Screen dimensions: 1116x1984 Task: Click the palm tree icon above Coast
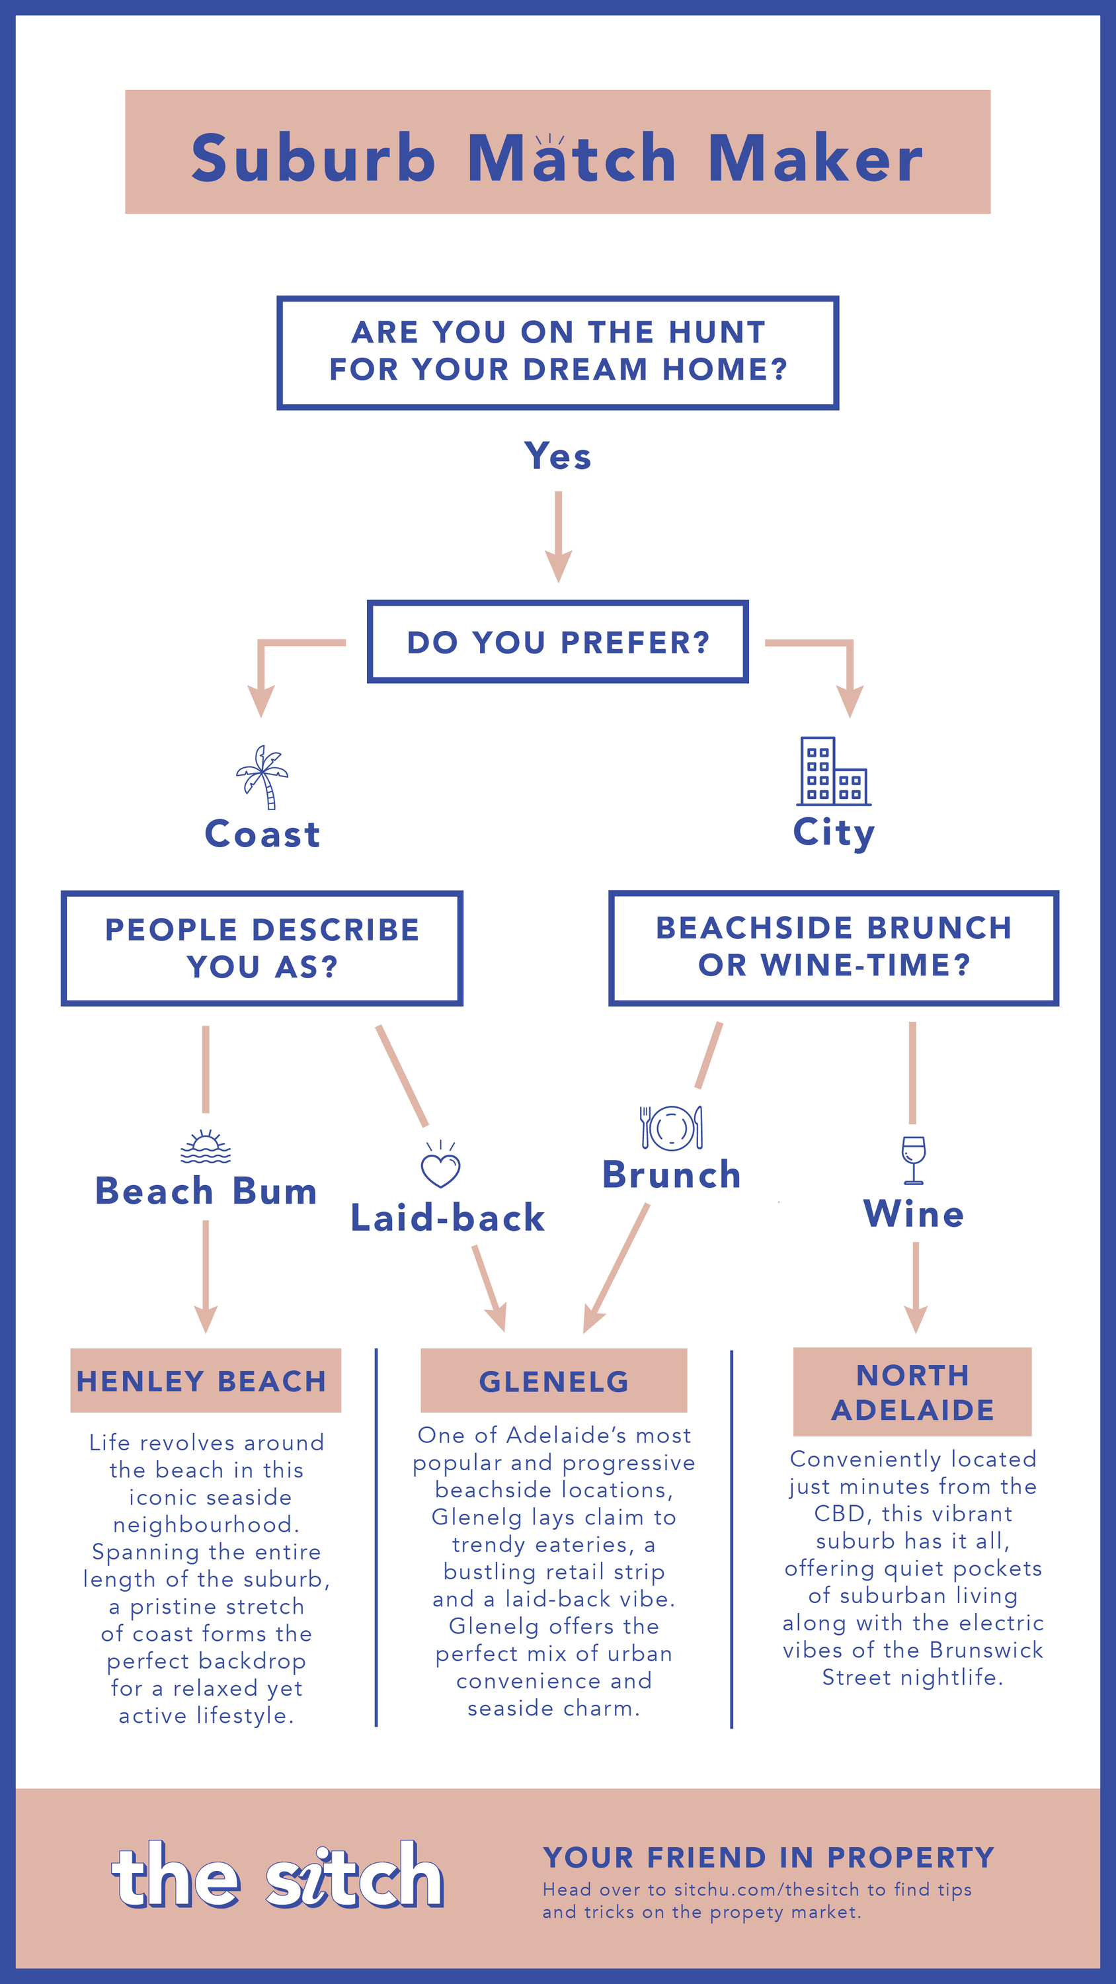(x=262, y=777)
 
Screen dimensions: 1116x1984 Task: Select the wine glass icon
(x=914, y=1160)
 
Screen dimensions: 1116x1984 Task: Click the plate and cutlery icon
(x=672, y=1128)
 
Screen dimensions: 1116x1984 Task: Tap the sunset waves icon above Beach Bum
(x=206, y=1146)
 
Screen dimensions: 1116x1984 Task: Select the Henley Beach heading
(x=202, y=1381)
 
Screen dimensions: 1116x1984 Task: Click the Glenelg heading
(x=554, y=1382)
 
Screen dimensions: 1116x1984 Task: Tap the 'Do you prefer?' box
(x=557, y=641)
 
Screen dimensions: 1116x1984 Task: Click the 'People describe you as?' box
(x=262, y=948)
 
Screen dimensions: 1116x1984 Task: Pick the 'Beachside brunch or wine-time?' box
(x=833, y=948)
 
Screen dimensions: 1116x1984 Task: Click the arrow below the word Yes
(x=559, y=537)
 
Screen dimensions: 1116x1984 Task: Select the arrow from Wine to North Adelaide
(x=916, y=1288)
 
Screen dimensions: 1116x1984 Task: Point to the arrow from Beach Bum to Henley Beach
(x=206, y=1277)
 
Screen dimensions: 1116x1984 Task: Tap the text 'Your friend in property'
(x=769, y=1857)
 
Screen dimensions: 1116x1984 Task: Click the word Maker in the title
(x=815, y=158)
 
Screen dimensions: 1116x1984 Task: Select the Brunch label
(x=672, y=1175)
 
